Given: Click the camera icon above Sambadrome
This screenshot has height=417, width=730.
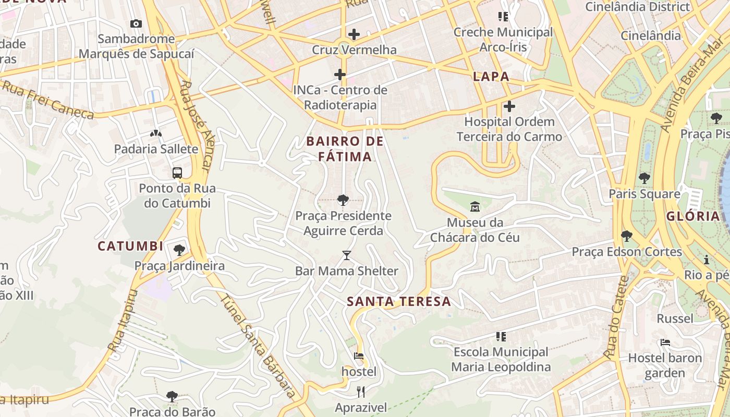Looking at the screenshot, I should [136, 23].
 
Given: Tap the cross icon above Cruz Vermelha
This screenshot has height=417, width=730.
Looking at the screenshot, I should [354, 34].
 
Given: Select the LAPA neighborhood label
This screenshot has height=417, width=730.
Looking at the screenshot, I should [491, 77].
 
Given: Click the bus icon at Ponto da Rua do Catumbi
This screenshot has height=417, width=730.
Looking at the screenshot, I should [177, 173].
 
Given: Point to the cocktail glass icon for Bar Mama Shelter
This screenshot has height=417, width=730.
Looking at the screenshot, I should [347, 255].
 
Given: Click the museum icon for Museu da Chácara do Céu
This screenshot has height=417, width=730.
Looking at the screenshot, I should [475, 207].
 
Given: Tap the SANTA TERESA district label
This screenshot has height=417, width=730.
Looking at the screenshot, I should [399, 301].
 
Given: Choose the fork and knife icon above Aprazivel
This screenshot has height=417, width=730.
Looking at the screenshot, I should [360, 391].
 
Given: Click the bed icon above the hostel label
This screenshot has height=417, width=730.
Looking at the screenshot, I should [359, 356].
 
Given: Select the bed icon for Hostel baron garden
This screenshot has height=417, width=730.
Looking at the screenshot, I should [665, 342].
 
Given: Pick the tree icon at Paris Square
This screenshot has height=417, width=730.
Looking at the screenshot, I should [644, 178].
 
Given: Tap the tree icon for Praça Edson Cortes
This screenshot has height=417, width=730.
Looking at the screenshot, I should [627, 236].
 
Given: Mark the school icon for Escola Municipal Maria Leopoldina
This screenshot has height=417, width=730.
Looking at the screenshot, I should [501, 336].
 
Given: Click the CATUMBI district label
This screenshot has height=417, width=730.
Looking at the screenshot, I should [130, 246].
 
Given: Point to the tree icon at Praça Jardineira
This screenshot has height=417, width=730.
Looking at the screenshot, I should [179, 250].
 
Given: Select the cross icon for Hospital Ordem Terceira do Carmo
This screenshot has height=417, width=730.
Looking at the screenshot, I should [509, 106].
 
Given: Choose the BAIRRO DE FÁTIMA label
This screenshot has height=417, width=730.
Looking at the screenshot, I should [345, 149].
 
